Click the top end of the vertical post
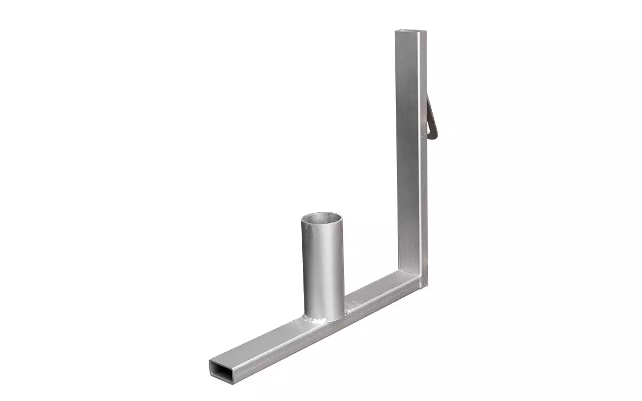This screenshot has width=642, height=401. pos(411,32)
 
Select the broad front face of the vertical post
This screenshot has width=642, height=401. pos(410,160)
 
